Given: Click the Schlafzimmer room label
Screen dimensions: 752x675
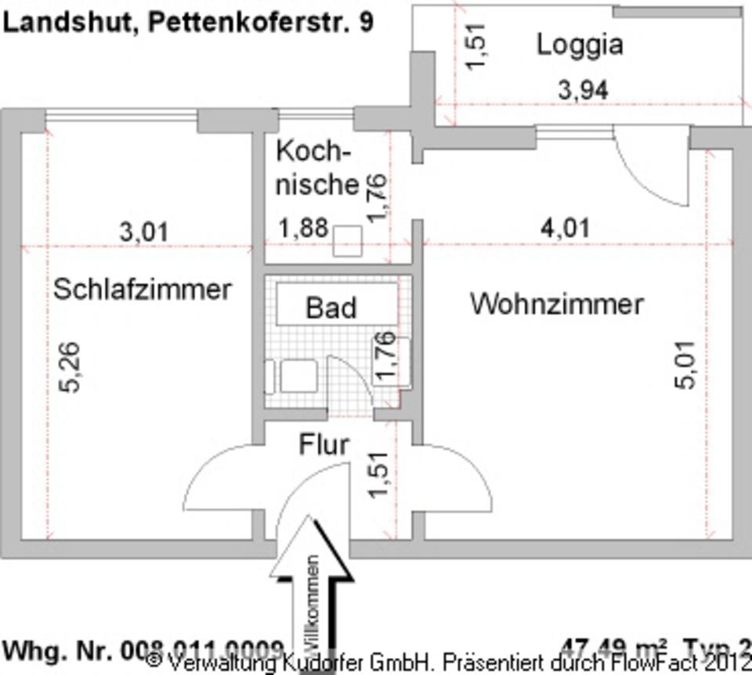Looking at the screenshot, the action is click(142, 289).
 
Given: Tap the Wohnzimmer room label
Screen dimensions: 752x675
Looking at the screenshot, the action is click(556, 304).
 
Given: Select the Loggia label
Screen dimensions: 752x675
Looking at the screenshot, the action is click(580, 45).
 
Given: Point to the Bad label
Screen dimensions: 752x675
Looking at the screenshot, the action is click(331, 307).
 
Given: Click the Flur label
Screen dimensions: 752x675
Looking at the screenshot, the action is click(324, 445).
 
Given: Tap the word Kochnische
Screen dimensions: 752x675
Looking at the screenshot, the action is click(316, 168).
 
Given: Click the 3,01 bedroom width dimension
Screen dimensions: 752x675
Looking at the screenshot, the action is click(143, 232).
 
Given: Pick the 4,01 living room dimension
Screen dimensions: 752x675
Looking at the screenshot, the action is click(565, 229).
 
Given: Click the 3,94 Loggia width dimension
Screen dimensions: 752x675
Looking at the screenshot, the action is click(583, 91).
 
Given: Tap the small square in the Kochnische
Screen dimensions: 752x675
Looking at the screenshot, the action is click(346, 241).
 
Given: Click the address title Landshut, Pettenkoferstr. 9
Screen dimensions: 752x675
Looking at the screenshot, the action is click(188, 22).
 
